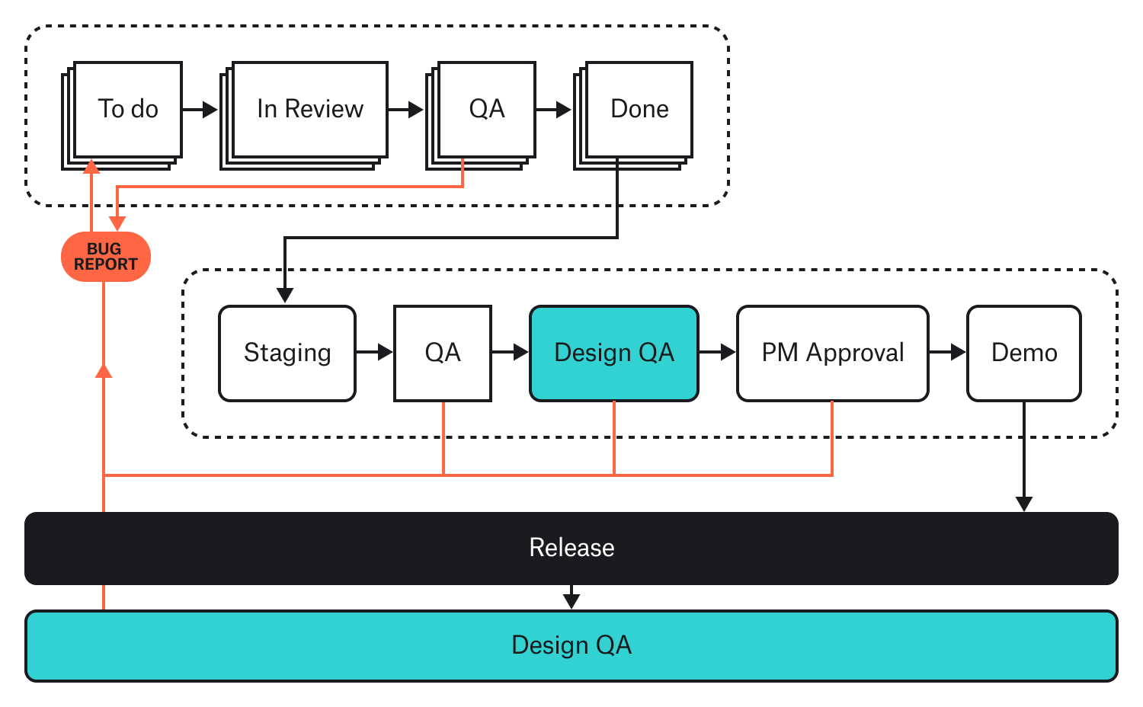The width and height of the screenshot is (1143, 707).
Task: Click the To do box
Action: pyautogui.click(x=127, y=109)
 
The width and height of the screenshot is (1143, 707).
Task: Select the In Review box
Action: pyautogui.click(x=309, y=109)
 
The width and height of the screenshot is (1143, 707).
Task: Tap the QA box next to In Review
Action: pyautogui.click(x=486, y=109)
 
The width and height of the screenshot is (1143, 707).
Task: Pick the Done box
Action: pyautogui.click(x=639, y=109)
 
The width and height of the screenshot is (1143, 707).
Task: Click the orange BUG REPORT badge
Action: pyautogui.click(x=105, y=257)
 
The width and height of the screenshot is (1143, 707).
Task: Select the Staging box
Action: pyautogui.click(x=287, y=353)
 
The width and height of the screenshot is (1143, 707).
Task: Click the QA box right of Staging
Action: pyautogui.click(x=442, y=353)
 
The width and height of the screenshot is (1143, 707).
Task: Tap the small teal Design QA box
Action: pyautogui.click(x=613, y=353)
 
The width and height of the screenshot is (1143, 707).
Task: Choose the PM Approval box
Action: pyautogui.click(x=832, y=353)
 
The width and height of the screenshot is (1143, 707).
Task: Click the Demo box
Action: pyautogui.click(x=1023, y=353)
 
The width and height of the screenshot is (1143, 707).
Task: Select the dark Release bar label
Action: pyautogui.click(x=571, y=548)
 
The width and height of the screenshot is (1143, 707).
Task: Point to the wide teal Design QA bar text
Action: pyautogui.click(x=571, y=645)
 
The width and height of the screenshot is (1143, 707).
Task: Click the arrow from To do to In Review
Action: pyautogui.click(x=200, y=110)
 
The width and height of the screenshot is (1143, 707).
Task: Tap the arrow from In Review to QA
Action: pyautogui.click(x=406, y=110)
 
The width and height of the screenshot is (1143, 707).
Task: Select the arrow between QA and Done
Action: pyautogui.click(x=554, y=110)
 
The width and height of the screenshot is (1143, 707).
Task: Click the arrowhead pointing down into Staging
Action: pyautogui.click(x=285, y=295)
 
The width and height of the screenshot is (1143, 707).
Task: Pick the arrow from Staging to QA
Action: pyautogui.click(x=375, y=352)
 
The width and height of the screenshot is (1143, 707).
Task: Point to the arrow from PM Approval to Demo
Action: pyautogui.click(x=948, y=352)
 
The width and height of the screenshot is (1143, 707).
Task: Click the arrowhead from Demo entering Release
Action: pyautogui.click(x=1024, y=504)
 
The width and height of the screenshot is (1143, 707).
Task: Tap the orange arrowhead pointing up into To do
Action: pyautogui.click(x=91, y=167)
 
